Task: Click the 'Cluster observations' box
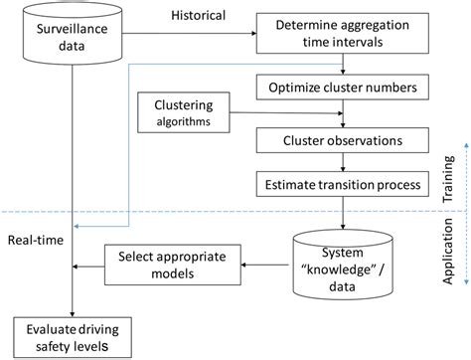pos(343,138)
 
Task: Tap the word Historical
pos(199,15)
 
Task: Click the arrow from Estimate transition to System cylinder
pos(343,213)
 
